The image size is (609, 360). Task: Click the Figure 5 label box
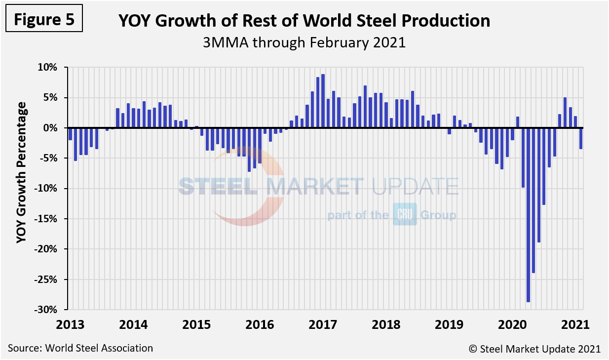click(x=44, y=20)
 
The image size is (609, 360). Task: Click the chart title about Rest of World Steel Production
click(x=304, y=21)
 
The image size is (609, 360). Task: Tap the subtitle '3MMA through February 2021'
click(x=304, y=42)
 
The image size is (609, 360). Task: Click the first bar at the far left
click(x=71, y=134)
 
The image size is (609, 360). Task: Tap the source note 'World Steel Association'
click(x=80, y=348)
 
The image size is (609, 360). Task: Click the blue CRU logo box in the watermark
click(x=405, y=214)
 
